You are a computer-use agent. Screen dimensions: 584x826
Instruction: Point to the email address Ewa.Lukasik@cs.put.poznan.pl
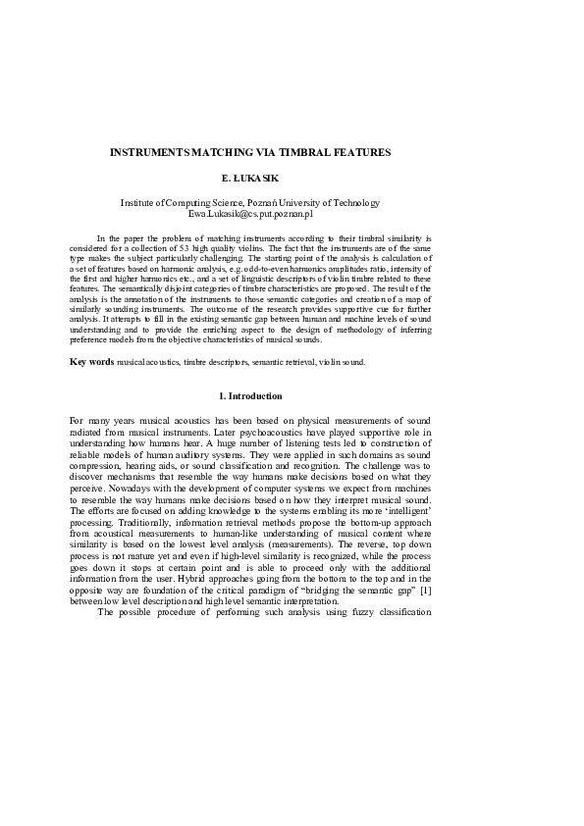click(250, 213)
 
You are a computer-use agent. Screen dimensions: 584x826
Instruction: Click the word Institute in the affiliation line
click(137, 203)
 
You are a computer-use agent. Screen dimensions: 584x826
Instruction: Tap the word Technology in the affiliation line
click(356, 203)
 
